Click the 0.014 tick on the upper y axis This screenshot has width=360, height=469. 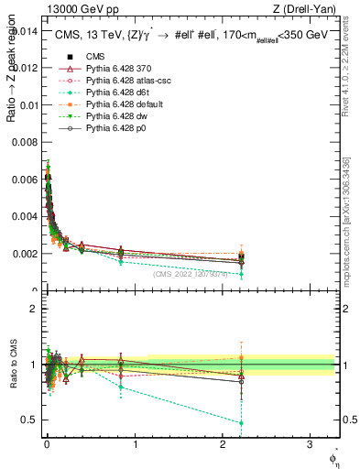pyautogui.click(x=25, y=30)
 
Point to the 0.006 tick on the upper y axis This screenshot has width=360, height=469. pyautogui.click(x=25, y=179)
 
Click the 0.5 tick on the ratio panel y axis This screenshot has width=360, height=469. pyautogui.click(x=31, y=420)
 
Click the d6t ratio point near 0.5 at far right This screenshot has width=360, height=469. pyautogui.click(x=240, y=423)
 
